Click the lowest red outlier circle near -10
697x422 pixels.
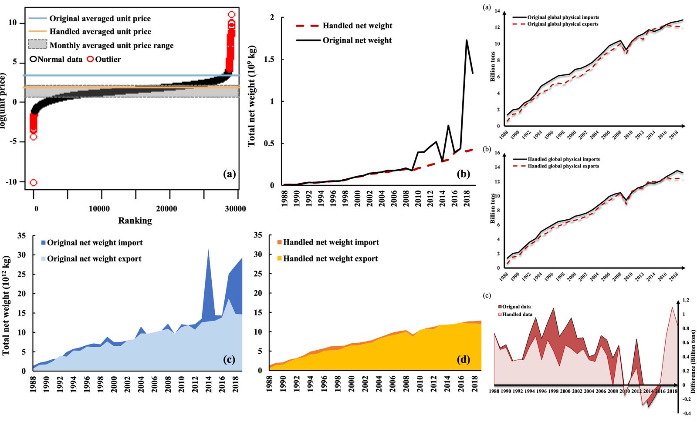click(33, 183)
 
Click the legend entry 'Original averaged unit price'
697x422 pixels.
click(100, 19)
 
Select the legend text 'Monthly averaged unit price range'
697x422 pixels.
click(112, 46)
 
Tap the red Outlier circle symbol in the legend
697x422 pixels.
click(90, 59)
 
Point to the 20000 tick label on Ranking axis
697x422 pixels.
click(166, 209)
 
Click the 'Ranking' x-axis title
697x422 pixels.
click(135, 221)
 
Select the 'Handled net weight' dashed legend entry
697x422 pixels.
click(357, 26)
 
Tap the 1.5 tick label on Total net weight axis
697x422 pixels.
click(269, 59)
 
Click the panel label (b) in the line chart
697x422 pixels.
click(463, 174)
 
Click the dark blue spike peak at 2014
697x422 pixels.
click(208, 249)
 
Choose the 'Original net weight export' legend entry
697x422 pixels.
click(94, 259)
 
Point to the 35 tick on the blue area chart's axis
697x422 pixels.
click(21, 236)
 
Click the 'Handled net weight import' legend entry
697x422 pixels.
click(331, 242)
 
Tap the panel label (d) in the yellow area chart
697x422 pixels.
click(463, 359)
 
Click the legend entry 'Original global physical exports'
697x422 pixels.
click(562, 24)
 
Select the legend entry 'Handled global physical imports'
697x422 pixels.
click(563, 159)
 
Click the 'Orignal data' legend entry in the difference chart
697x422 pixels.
click(516, 307)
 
